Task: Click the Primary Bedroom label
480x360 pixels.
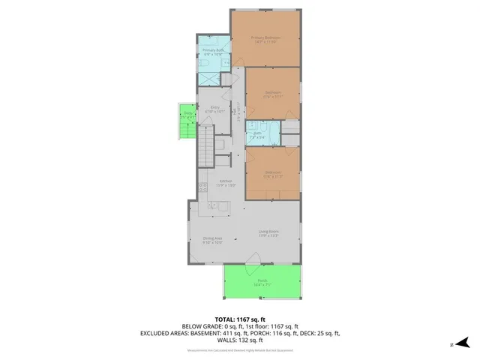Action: point(266,39)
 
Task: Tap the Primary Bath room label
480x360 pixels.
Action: point(214,52)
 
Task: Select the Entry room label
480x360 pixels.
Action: point(215,109)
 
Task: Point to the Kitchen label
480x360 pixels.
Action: point(225,182)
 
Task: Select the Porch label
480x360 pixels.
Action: point(262,283)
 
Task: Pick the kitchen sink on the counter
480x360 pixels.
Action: point(214,205)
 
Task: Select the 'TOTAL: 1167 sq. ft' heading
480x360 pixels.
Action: point(239,319)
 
